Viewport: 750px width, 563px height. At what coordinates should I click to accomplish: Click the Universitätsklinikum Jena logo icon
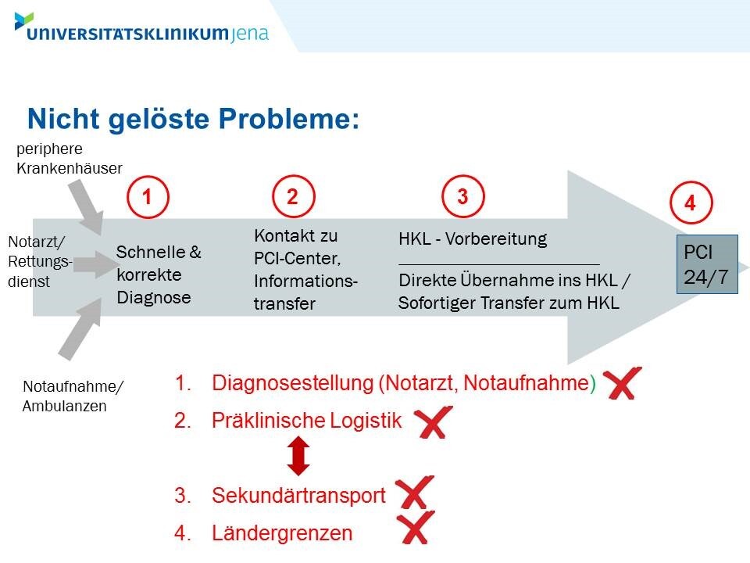pos(23,21)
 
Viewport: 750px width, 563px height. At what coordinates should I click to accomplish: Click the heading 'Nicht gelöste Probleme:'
pos(193,119)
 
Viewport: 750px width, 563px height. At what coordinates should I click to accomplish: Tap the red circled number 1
pos(148,197)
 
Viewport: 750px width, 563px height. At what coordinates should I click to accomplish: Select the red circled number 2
pos(293,196)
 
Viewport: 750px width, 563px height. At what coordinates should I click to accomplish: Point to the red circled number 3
pos(462,196)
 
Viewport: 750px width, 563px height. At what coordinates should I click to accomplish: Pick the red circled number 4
pos(691,203)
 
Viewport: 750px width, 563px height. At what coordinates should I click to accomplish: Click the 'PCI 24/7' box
pos(707,264)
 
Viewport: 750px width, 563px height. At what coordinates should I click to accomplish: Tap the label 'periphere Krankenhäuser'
pos(70,159)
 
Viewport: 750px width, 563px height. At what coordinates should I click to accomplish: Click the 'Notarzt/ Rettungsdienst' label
pos(40,261)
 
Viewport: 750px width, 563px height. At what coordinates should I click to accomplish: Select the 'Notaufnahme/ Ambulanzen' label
pos(73,396)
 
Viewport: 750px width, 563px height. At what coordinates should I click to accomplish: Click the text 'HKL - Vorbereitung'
pos(473,238)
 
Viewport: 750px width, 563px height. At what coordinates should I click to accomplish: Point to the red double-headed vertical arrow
pos(298,456)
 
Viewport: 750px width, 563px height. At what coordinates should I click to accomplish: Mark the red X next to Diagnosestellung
pos(622,383)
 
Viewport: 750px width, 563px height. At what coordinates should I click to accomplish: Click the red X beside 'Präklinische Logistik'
pos(434,422)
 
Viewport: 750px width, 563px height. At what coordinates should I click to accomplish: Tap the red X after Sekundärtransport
pos(415,492)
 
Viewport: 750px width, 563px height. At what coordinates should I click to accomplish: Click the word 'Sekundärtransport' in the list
pos(298,496)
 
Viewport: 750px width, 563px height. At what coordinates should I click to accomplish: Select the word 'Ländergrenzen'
pos(282,533)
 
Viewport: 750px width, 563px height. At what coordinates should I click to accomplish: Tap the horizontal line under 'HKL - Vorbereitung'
pos(499,264)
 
